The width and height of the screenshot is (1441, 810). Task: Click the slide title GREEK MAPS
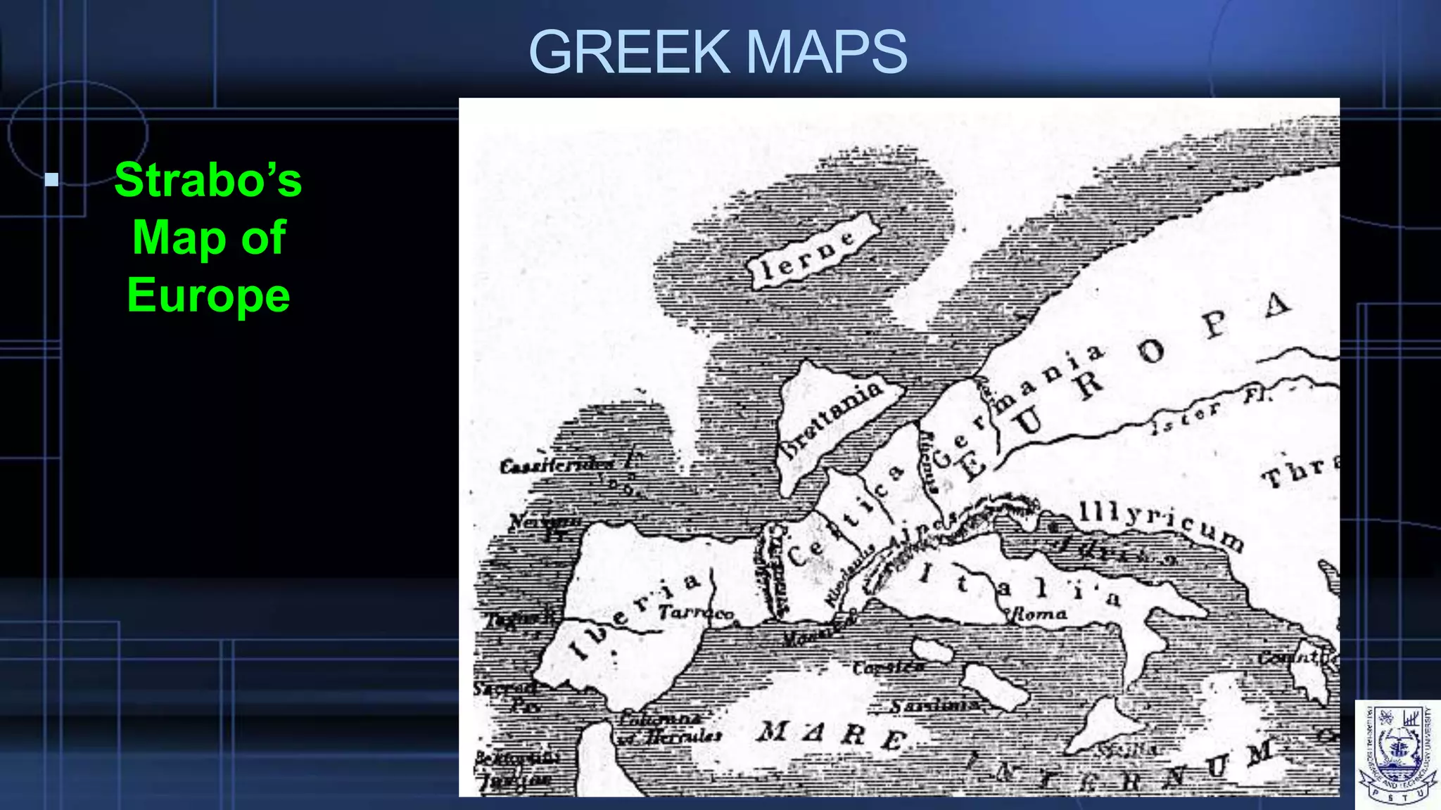click(x=718, y=52)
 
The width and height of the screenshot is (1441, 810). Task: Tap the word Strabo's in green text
click(x=208, y=180)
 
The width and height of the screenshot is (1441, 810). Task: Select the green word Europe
click(x=208, y=295)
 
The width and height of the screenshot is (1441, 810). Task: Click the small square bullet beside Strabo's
click(x=51, y=179)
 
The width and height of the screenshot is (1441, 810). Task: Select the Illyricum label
click(x=1161, y=524)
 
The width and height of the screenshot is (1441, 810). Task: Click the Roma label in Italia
click(x=1038, y=615)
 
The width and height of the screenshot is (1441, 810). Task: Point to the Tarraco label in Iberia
click(x=697, y=613)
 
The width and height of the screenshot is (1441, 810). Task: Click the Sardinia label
click(x=932, y=705)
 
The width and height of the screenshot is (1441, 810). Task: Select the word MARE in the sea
click(x=830, y=735)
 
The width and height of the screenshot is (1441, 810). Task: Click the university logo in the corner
click(x=1397, y=754)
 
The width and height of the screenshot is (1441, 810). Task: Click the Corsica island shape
click(x=932, y=650)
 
